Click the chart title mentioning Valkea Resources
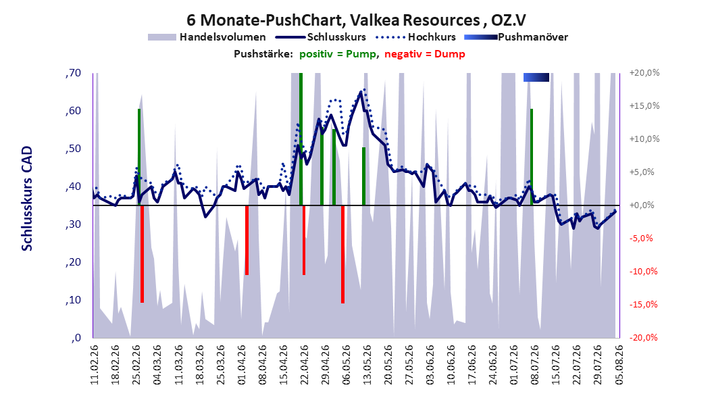356,20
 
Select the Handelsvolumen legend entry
207,37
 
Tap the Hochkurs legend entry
415,37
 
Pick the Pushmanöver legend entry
516,37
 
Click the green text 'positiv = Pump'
338,54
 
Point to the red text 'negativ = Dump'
425,54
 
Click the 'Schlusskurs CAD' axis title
27,199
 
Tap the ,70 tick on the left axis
73,73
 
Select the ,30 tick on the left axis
73,224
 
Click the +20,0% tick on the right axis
644,73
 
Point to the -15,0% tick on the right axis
643,304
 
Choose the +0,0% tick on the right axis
642,205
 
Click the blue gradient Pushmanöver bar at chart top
536,77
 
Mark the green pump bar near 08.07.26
531,157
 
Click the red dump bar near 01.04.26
247,240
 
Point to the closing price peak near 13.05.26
361,92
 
